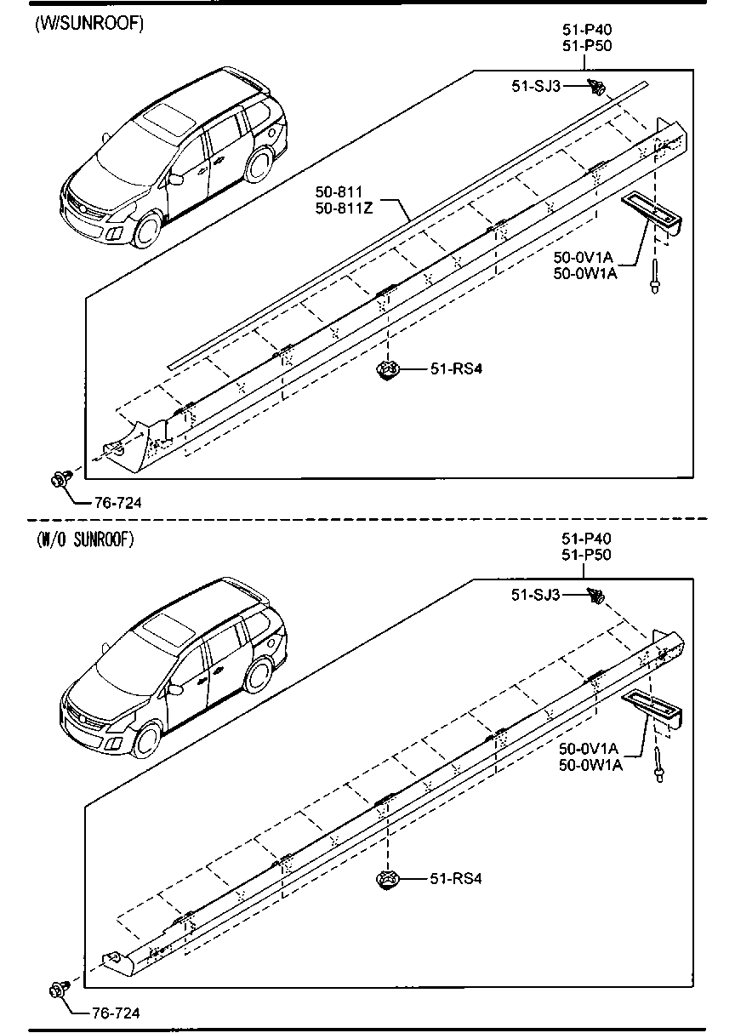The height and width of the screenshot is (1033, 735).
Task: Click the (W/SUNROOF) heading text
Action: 89,24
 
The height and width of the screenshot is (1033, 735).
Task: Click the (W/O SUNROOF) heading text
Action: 86,539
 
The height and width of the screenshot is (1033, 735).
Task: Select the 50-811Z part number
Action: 344,208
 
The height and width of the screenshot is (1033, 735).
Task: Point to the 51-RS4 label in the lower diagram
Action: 450,879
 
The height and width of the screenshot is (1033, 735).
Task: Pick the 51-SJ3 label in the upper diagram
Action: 536,85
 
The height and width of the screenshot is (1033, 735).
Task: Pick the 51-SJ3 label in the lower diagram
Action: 536,596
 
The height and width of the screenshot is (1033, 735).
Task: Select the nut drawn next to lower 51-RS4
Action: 389,880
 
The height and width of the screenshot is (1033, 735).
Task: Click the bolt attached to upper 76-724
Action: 60,479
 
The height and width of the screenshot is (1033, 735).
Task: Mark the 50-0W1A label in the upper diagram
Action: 584,273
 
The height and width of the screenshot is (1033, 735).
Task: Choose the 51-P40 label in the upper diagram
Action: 587,30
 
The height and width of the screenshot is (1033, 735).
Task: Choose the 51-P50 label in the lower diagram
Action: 587,555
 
